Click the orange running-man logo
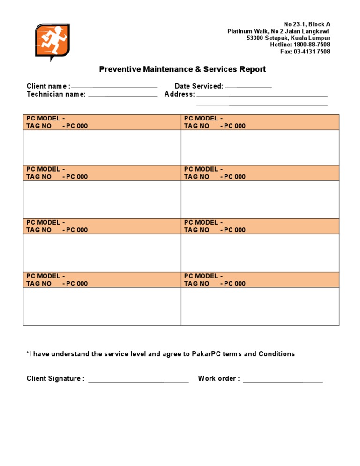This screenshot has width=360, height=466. (x=52, y=42)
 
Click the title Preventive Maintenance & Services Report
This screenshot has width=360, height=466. (x=182, y=69)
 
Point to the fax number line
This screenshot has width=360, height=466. (x=305, y=52)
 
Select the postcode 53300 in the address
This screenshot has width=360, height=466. (x=256, y=38)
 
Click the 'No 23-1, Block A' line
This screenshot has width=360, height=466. (x=307, y=24)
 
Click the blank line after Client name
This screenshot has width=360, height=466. (x=114, y=87)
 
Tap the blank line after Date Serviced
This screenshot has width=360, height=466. (x=248, y=87)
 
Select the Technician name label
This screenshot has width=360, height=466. (x=56, y=94)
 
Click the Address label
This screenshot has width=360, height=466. (x=180, y=94)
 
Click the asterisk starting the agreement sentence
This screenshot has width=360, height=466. (x=28, y=353)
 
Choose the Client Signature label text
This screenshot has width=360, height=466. (x=55, y=379)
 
